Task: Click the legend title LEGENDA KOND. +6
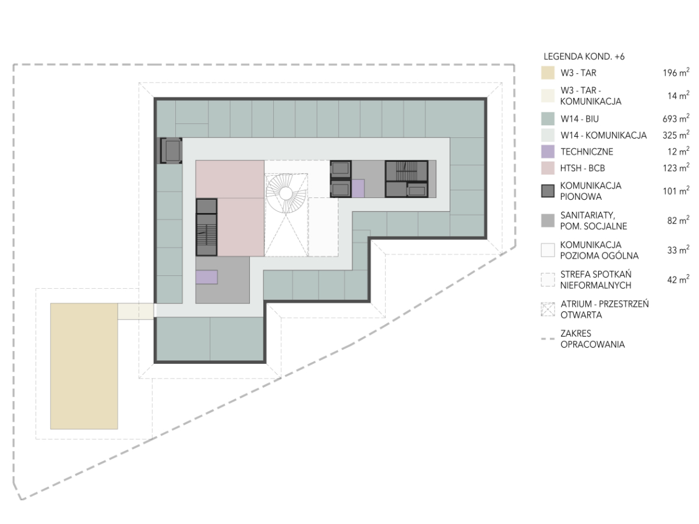click(x=584, y=56)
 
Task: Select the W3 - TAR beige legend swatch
click(x=548, y=73)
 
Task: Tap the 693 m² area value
click(x=676, y=118)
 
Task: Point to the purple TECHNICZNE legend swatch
click(x=548, y=151)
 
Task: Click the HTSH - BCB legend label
click(x=582, y=168)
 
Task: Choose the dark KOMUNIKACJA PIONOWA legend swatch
click(x=548, y=191)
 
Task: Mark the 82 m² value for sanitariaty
click(x=678, y=220)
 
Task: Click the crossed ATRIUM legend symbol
click(x=548, y=309)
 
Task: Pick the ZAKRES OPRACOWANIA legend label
click(x=592, y=339)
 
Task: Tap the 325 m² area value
click(x=676, y=135)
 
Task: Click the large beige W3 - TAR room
click(x=84, y=366)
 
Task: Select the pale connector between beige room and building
click(x=136, y=311)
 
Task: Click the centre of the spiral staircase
click(x=285, y=193)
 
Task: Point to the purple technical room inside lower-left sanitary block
click(x=207, y=277)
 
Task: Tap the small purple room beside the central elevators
click(x=358, y=188)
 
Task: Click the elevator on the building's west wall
click(x=172, y=151)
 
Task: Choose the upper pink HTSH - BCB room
click(x=230, y=179)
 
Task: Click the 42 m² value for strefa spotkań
click(x=678, y=279)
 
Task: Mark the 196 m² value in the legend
click(x=676, y=73)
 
